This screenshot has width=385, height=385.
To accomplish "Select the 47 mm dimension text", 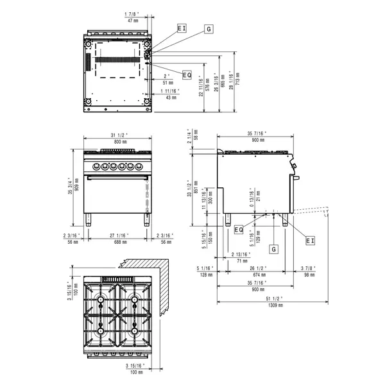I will pyautogui.click(x=132, y=21).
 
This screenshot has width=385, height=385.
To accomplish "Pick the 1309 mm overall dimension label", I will pyautogui.click(x=273, y=306).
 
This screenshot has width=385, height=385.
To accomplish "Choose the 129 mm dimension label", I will pyautogui.click(x=258, y=239).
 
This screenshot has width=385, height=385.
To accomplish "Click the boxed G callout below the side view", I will pyautogui.click(x=274, y=247).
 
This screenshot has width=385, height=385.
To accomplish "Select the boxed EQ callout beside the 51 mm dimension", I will pyautogui.click(x=187, y=75).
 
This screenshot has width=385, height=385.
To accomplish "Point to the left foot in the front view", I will pyautogui.click(x=89, y=221).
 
